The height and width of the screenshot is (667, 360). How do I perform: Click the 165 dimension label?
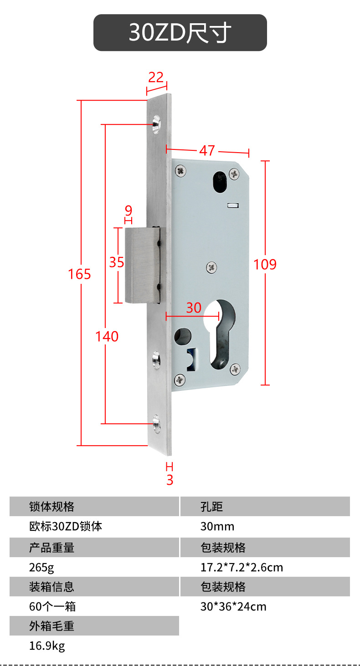(x=79, y=274)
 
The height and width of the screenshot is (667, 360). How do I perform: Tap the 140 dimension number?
(x=107, y=337)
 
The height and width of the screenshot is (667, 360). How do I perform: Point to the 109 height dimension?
(x=265, y=264)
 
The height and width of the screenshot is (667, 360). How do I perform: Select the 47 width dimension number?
(x=207, y=150)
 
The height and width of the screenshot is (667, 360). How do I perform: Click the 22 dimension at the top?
(x=156, y=77)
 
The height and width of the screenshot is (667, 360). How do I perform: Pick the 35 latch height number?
(x=116, y=262)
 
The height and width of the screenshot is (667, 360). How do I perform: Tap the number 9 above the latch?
(x=129, y=210)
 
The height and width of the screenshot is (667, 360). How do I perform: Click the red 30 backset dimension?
(x=194, y=308)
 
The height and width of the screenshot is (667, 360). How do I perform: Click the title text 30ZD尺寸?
(x=180, y=32)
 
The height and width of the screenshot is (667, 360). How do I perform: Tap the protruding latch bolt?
(x=142, y=265)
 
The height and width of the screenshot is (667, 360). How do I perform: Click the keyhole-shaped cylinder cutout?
(x=220, y=334)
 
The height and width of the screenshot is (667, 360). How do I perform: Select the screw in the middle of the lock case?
(x=212, y=267)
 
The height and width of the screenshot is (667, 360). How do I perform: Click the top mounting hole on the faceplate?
(x=156, y=124)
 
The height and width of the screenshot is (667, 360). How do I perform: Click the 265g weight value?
(x=41, y=568)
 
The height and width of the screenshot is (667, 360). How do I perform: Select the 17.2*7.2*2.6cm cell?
(x=242, y=568)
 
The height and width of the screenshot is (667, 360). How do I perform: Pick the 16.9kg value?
(x=47, y=646)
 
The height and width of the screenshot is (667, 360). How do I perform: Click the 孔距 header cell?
(x=265, y=506)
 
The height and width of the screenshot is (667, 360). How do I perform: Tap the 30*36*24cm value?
(x=233, y=607)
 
